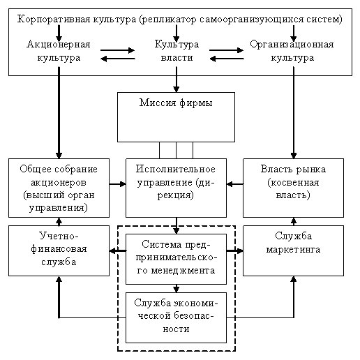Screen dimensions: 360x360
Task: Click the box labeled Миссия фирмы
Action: click(176, 117)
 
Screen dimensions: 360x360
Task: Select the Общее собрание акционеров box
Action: click(59, 188)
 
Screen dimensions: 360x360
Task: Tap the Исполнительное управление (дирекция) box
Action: click(176, 188)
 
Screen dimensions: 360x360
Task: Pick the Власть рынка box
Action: click(293, 188)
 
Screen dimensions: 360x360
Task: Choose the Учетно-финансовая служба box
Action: click(59, 250)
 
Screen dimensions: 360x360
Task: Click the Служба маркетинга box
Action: click(293, 250)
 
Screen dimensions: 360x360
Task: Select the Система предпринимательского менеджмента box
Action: click(176, 259)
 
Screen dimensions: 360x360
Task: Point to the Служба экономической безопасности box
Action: click(176, 317)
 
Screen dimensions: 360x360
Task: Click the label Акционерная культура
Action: click(59, 51)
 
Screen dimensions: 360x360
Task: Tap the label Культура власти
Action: click(177, 51)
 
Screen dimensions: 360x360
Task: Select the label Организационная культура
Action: click(292, 51)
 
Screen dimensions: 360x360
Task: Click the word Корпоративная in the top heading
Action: click(54, 20)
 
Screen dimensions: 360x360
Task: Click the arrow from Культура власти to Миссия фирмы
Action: click(177, 80)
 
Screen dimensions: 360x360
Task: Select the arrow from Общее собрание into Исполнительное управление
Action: click(117, 184)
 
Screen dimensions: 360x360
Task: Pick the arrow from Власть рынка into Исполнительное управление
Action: click(235, 184)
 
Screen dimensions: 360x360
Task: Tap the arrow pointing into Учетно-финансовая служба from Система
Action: click(118, 250)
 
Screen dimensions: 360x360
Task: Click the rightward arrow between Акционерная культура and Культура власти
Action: click(117, 50)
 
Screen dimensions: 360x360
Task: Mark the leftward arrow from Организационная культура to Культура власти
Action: click(227, 59)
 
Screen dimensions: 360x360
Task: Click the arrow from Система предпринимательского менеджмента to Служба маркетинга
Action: click(235, 250)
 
